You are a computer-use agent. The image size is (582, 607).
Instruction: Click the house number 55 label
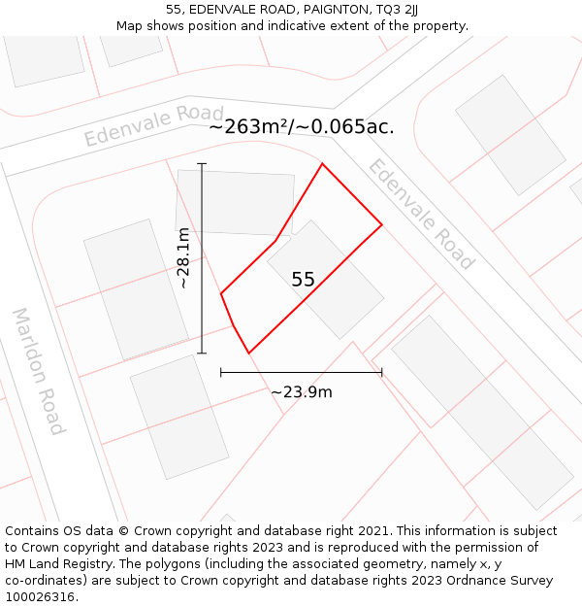click(x=303, y=280)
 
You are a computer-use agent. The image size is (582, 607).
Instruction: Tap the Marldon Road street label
click(x=38, y=372)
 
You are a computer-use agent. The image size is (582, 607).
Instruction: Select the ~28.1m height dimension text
click(x=183, y=258)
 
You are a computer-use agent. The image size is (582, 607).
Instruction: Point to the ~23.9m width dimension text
click(x=301, y=392)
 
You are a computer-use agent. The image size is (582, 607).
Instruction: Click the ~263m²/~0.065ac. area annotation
click(x=302, y=127)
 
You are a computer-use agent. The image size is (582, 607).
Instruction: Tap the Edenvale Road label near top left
click(x=153, y=125)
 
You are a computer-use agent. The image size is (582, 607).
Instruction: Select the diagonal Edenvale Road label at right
click(x=420, y=214)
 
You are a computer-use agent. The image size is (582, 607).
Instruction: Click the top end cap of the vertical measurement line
click(x=202, y=164)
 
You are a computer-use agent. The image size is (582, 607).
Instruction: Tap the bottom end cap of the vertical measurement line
click(x=202, y=353)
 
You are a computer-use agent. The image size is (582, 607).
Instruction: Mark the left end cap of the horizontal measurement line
click(x=221, y=372)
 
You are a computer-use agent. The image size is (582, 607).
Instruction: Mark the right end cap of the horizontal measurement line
click(x=382, y=372)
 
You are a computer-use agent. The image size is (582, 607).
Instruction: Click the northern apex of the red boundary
click(x=322, y=164)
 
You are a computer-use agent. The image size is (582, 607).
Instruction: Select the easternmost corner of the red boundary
click(x=381, y=225)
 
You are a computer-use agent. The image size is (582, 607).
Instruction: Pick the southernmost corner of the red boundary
click(x=248, y=353)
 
